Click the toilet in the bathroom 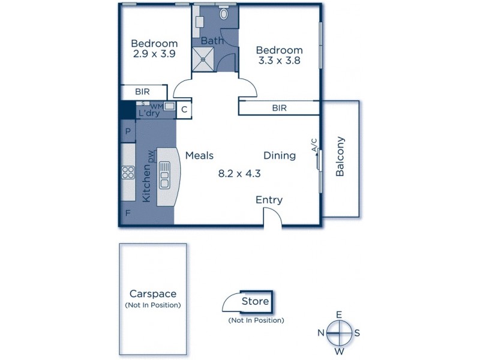click(224, 14)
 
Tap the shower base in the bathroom click(203, 58)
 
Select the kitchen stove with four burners click(128, 173)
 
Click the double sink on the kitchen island click(165, 176)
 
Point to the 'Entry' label click(269, 200)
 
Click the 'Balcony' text click(340, 157)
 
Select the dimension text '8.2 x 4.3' click(238, 174)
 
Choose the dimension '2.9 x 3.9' click(154, 54)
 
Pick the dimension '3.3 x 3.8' click(279, 61)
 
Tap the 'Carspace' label click(153, 294)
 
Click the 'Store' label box click(255, 301)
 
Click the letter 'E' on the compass click(338, 314)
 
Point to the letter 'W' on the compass click(338, 351)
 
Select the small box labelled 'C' click(184, 109)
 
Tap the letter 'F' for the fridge click(127, 213)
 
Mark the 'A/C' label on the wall click(314, 145)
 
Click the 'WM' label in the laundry click(157, 106)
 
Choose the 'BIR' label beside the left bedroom click(142, 92)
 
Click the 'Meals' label click(199, 155)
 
